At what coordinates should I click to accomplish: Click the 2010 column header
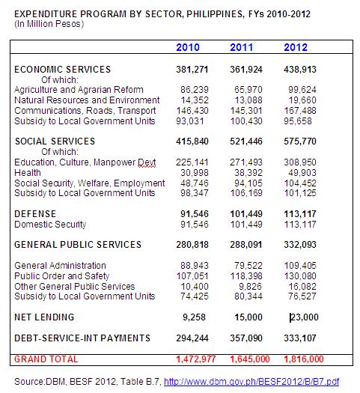pyautogui.click(x=187, y=48)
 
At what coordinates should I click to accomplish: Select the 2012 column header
pyautogui.click(x=296, y=48)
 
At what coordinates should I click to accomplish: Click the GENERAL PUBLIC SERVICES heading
pyautogui.click(x=77, y=244)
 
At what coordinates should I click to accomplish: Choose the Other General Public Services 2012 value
pyautogui.click(x=299, y=286)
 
